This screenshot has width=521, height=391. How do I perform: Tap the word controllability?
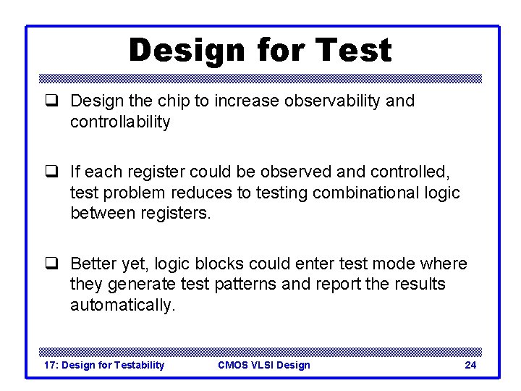pos(120,122)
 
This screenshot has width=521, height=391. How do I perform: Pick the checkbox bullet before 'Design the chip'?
pos(51,101)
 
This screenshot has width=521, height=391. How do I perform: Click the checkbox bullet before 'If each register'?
pos(51,172)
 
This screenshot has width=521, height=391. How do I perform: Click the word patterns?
pos(244,285)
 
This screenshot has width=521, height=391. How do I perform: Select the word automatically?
pos(122,306)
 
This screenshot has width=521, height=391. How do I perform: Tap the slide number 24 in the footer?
pos(470,365)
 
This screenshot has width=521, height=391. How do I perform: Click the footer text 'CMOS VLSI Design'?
pos(263,365)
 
